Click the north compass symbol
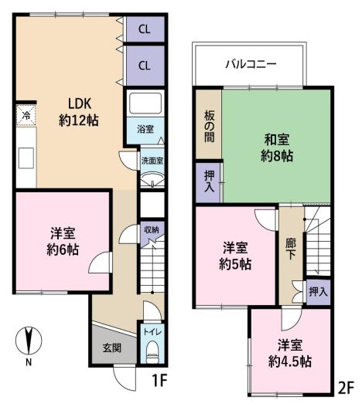click(29, 341)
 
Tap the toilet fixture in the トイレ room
click(152, 352)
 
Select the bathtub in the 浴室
click(145, 103)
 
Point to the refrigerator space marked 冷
click(26, 116)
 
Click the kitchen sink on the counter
click(26, 158)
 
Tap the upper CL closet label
click(145, 29)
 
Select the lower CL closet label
click(145, 66)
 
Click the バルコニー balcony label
click(251, 64)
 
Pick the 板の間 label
click(210, 127)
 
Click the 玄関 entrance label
click(112, 348)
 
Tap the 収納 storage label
click(152, 229)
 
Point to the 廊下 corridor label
click(291, 249)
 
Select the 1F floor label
click(159, 381)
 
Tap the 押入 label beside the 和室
click(210, 181)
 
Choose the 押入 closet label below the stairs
click(318, 292)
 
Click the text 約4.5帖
click(290, 361)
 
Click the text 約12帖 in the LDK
click(79, 120)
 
